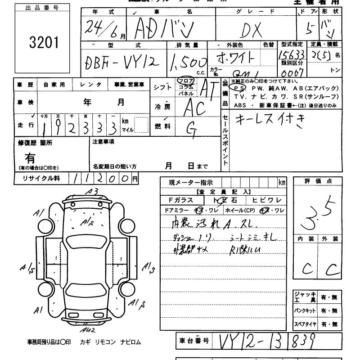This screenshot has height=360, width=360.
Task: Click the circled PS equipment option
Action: pos(238,89)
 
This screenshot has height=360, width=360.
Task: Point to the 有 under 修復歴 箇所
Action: pos(30,158)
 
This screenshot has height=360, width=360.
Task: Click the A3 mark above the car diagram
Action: pos(93,191)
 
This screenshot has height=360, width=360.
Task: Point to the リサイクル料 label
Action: pos(41,178)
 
